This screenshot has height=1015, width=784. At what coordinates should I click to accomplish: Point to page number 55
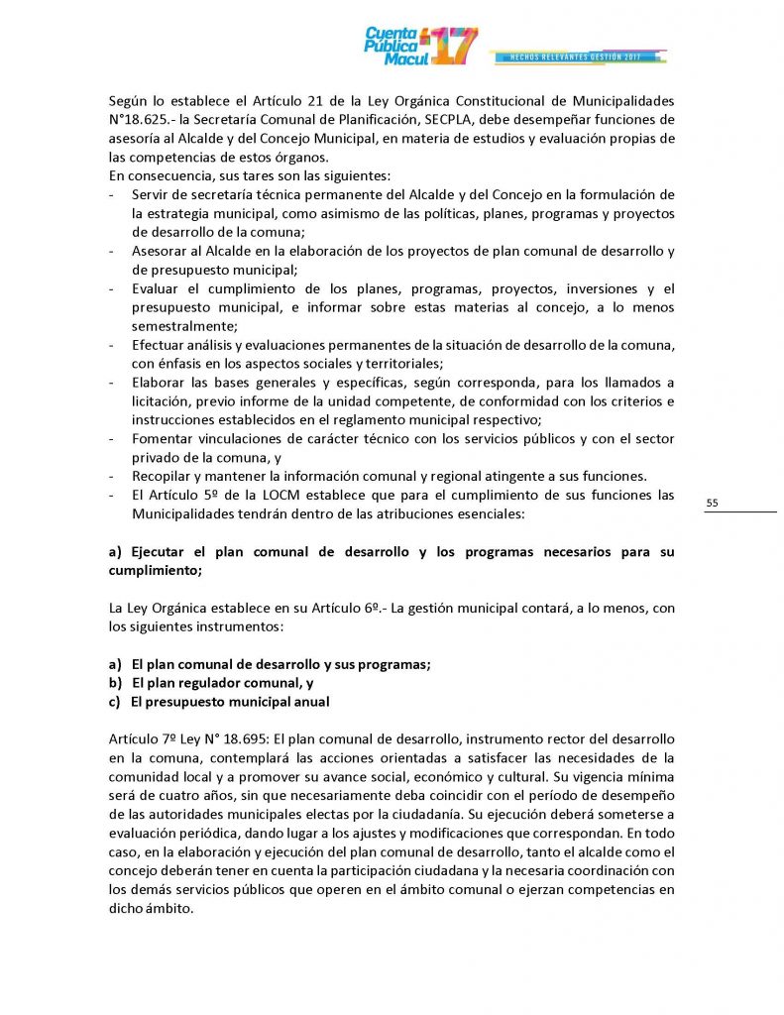click(712, 504)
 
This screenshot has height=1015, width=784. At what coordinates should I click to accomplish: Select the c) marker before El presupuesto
click(115, 702)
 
